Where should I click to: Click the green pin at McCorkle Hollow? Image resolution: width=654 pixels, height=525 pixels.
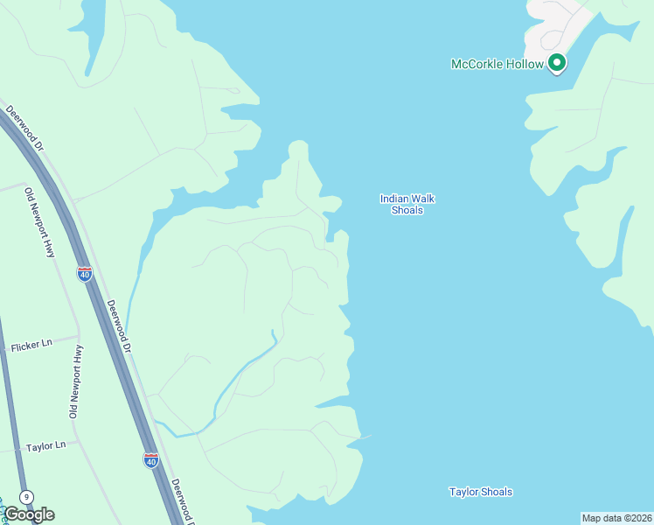coord(556,63)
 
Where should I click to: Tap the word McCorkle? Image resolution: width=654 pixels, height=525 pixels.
coord(477,64)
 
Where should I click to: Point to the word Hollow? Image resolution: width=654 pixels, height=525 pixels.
coord(524,64)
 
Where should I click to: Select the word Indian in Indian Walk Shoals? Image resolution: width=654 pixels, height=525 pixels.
coord(394,199)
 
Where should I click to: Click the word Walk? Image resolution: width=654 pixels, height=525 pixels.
coord(423,199)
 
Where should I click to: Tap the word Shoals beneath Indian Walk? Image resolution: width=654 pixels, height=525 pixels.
coord(407,210)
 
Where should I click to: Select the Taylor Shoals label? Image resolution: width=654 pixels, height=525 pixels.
coord(480,492)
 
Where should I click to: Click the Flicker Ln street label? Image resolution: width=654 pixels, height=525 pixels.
coord(32,344)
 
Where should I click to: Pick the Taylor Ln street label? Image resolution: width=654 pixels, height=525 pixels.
coord(45,446)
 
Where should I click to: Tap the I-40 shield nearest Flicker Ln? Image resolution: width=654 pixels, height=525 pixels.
coord(85,274)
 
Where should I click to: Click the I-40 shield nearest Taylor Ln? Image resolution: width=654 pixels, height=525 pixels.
coord(151,460)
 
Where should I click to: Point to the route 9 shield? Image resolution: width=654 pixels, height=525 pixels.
coord(27,497)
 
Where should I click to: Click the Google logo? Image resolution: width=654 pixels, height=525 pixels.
coord(29,514)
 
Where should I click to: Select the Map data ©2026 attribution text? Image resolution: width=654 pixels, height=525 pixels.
coord(616,518)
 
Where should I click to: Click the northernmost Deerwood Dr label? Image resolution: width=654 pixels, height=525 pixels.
coord(25,128)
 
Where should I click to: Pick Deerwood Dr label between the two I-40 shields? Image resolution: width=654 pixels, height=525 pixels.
coord(119,326)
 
